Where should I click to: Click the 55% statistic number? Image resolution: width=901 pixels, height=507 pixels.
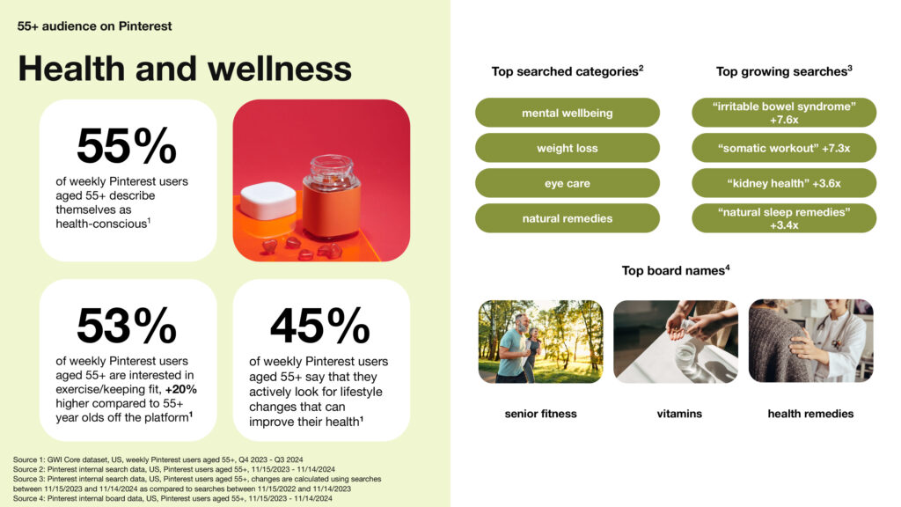tap(127, 145)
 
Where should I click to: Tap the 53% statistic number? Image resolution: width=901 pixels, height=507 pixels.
tap(127, 326)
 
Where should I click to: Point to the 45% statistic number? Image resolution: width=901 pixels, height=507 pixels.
tap(320, 326)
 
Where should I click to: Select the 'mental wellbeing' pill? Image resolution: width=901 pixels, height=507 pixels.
tap(568, 113)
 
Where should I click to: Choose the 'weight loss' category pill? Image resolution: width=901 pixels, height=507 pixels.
tap(568, 148)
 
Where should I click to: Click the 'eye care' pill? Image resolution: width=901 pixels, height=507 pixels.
tap(568, 183)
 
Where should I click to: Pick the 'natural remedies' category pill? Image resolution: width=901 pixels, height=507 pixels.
tap(568, 218)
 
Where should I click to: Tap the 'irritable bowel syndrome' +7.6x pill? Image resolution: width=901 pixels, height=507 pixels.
tap(784, 113)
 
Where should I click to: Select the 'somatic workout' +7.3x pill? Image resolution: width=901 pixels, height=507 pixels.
tap(784, 148)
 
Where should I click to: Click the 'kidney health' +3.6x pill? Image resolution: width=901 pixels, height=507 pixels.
tap(784, 183)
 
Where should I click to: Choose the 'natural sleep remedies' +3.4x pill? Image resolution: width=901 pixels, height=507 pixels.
tap(784, 218)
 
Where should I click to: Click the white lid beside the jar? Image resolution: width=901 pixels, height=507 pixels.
tap(268, 200)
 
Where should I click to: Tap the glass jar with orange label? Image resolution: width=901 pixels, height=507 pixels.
tap(332, 198)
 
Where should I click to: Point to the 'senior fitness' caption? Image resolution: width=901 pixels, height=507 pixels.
tap(541, 414)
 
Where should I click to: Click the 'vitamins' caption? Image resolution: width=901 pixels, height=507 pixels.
tap(679, 414)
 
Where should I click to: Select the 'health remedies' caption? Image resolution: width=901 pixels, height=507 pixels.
tap(810, 414)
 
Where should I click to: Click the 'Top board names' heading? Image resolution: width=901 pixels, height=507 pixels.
tap(676, 270)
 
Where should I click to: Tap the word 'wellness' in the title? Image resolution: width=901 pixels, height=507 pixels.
tap(279, 69)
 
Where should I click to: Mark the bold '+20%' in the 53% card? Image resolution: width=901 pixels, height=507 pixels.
tap(181, 389)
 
